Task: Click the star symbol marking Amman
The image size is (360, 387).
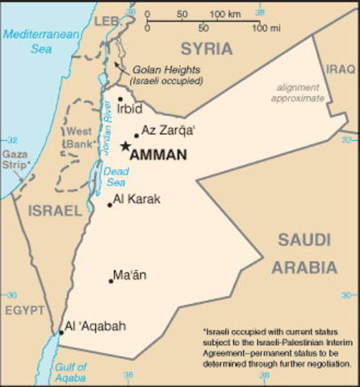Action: point(124,146)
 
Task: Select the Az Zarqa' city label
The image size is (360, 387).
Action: point(167,131)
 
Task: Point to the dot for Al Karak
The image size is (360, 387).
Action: point(110,204)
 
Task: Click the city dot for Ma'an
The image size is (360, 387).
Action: point(111,281)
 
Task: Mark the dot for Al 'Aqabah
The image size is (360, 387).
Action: point(61,332)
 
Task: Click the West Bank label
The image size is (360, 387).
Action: point(78,136)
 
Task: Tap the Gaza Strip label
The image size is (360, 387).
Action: point(16,159)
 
